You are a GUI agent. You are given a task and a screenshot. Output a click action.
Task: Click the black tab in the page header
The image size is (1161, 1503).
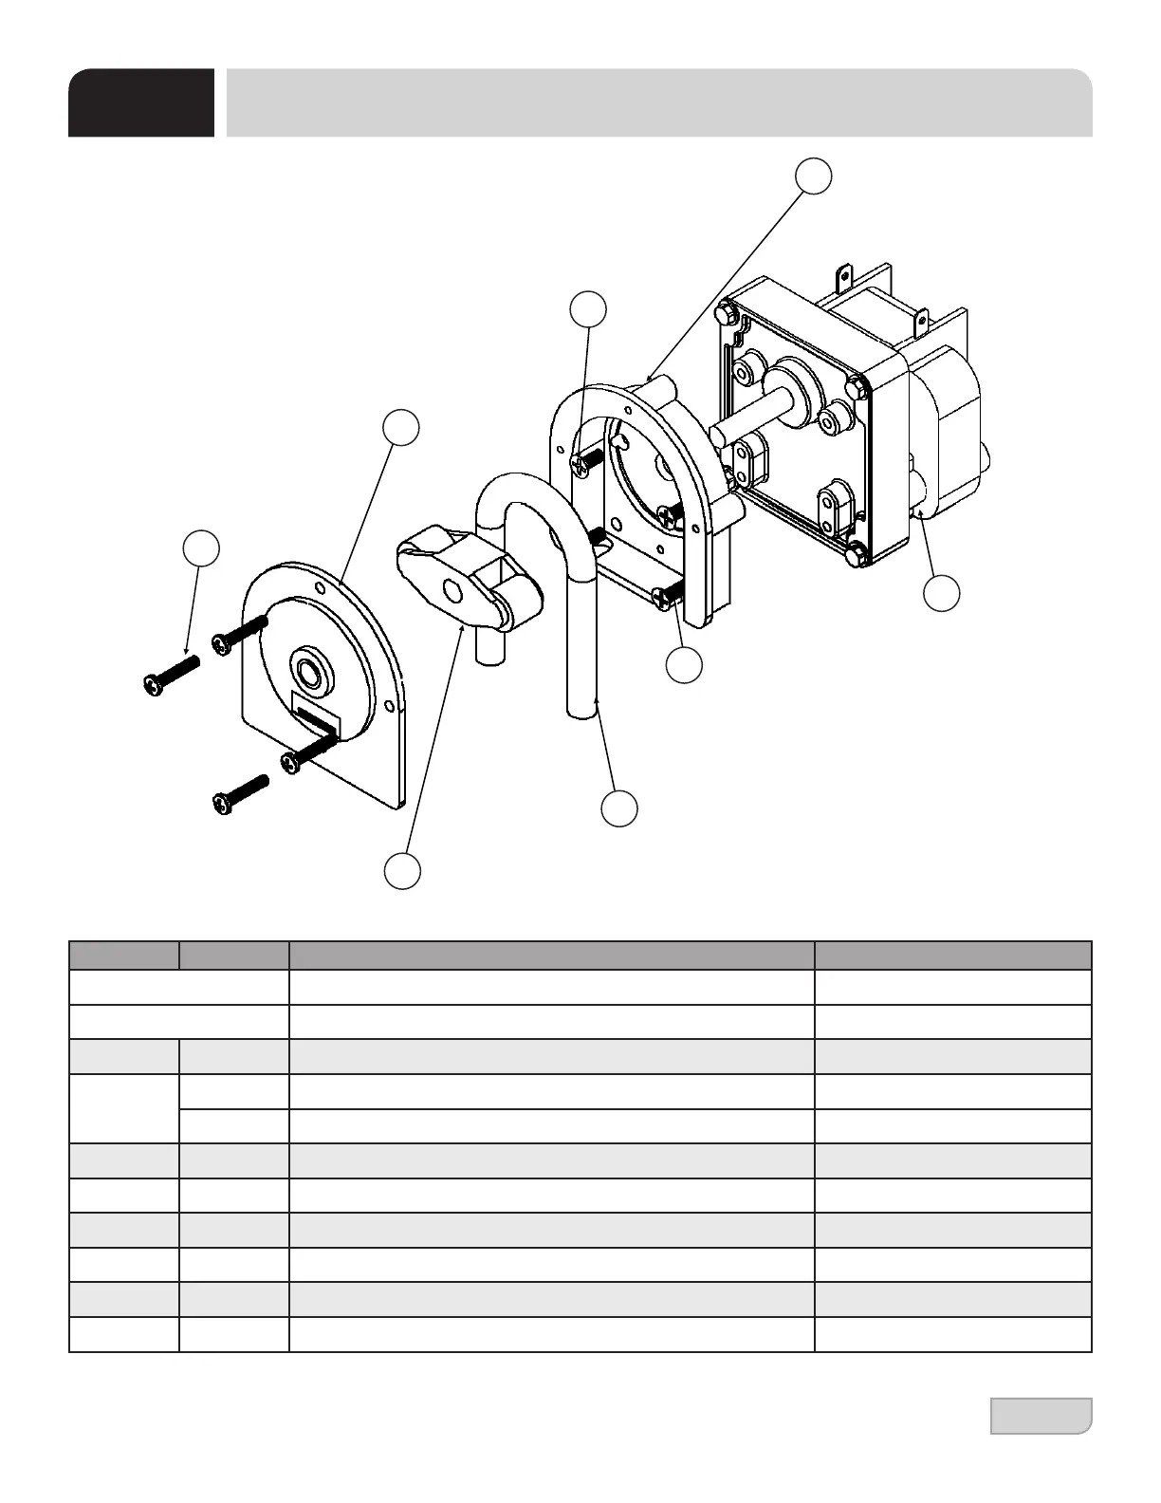[140, 102]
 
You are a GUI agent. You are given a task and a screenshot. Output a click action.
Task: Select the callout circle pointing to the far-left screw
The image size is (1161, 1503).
[201, 548]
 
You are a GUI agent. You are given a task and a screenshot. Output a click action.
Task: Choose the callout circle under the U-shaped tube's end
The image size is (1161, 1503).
[619, 807]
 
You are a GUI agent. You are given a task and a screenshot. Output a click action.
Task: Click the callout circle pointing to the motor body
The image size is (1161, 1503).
[942, 593]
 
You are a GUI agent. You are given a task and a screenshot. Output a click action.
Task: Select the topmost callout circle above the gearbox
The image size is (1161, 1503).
[814, 176]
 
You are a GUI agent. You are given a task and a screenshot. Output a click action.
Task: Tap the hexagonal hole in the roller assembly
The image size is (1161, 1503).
[451, 592]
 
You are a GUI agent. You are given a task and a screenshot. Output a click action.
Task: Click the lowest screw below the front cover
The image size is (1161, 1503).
[240, 792]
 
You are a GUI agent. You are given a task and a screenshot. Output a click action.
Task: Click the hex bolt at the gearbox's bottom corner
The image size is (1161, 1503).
[857, 556]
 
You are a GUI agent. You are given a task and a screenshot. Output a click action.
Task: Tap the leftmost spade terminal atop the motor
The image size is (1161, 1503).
[843, 278]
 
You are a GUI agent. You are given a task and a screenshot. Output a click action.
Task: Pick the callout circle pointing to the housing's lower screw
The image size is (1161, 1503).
[683, 665]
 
